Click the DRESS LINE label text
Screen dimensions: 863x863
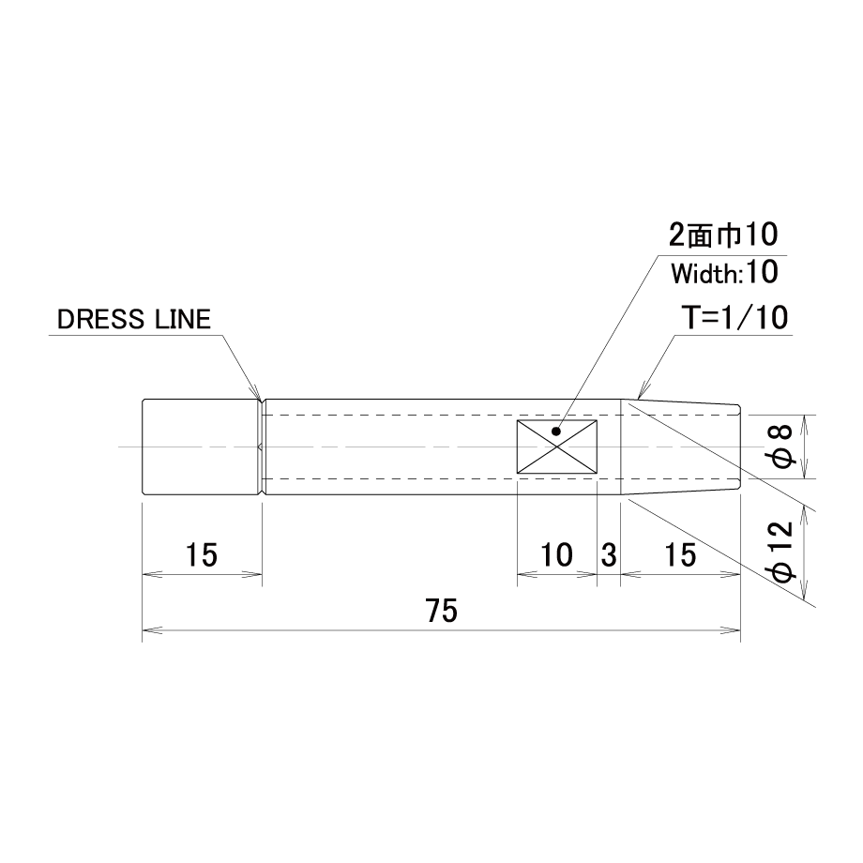click(134, 319)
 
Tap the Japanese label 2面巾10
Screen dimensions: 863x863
click(722, 235)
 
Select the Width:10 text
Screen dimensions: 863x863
click(724, 272)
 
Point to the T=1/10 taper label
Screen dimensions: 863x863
click(734, 318)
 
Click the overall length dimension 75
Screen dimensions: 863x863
click(441, 611)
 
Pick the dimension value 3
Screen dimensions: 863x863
click(609, 554)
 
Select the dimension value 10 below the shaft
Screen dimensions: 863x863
click(556, 554)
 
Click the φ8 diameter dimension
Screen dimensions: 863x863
click(781, 447)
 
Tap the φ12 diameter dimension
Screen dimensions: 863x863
click(781, 551)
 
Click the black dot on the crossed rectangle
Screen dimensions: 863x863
click(556, 431)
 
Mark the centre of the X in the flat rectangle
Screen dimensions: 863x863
click(557, 447)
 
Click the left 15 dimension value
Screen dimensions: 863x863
click(202, 554)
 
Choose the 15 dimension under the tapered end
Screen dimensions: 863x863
click(680, 554)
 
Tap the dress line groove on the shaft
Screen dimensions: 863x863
click(262, 447)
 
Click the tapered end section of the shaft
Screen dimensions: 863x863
click(680, 447)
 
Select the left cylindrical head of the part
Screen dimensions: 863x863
click(201, 447)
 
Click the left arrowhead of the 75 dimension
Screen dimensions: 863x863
click(152, 630)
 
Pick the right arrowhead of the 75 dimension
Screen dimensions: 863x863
click(731, 630)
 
